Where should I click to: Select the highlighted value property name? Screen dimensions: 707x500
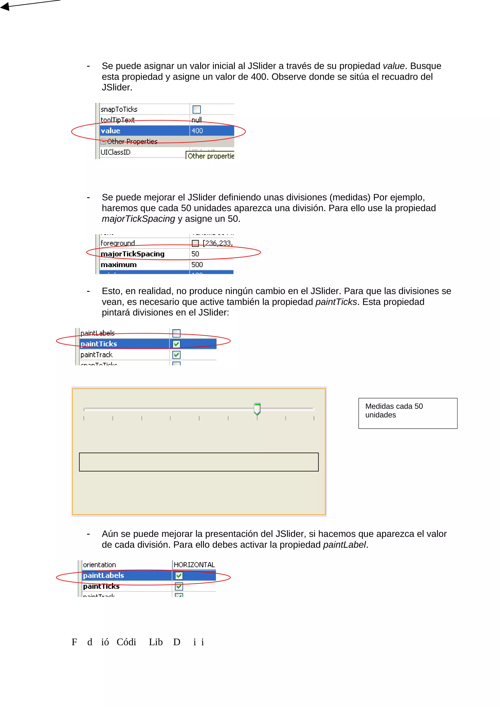(x=111, y=131)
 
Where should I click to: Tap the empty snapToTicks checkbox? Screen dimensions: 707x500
(x=197, y=109)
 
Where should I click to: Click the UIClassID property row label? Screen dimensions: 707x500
(x=115, y=152)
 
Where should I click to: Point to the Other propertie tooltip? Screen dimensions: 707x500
(x=210, y=156)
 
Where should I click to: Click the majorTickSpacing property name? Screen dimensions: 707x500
(x=133, y=254)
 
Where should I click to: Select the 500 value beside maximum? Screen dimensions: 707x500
(x=197, y=264)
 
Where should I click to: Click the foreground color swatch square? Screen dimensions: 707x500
(x=195, y=243)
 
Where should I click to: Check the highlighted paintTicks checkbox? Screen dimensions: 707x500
(x=177, y=344)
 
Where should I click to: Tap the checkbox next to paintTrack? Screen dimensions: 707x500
(x=177, y=355)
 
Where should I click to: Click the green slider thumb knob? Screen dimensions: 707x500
(x=257, y=409)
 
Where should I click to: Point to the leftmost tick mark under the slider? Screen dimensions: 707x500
(x=84, y=418)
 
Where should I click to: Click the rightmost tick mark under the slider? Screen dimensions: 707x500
(x=314, y=418)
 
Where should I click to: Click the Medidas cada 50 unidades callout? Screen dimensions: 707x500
(x=407, y=413)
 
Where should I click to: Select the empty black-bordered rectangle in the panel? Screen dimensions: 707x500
(x=199, y=462)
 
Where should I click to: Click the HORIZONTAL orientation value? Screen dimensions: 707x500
(x=194, y=565)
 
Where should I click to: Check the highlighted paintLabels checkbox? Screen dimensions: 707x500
(x=179, y=576)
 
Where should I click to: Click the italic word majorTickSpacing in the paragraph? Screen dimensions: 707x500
(x=138, y=219)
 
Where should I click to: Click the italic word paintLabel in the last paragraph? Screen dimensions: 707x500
(x=344, y=545)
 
